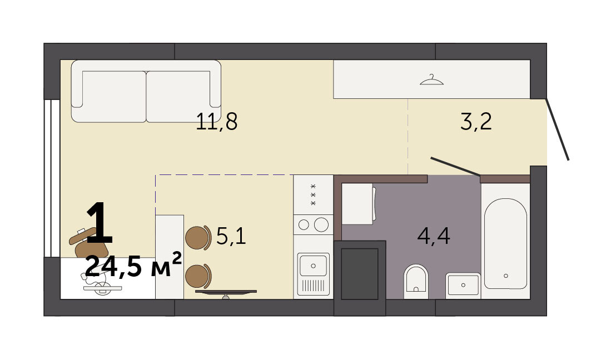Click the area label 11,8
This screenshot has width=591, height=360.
point(217,122)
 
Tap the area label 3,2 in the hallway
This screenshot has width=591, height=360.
point(476,122)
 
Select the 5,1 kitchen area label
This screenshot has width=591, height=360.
point(231,237)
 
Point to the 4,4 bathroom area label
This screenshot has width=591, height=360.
point(434,237)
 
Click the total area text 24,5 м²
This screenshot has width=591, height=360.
point(133,265)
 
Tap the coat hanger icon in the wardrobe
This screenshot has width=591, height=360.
point(431,79)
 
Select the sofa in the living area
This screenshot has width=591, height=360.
point(146,91)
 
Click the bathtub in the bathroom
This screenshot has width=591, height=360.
point(505,244)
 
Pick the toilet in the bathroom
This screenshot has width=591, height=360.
point(416,282)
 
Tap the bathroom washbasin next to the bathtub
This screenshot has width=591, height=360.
point(463,286)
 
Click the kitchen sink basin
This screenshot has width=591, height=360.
point(313,265)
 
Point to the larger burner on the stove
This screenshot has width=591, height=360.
point(321,225)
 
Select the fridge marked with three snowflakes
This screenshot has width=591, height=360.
point(313,194)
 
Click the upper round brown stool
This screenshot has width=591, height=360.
point(197,238)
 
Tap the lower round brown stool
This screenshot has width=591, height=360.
point(198,276)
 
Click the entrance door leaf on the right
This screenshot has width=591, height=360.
point(558,129)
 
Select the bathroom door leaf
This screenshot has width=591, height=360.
point(455,167)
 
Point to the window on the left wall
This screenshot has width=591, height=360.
point(52,178)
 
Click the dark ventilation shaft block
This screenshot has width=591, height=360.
point(360,278)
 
